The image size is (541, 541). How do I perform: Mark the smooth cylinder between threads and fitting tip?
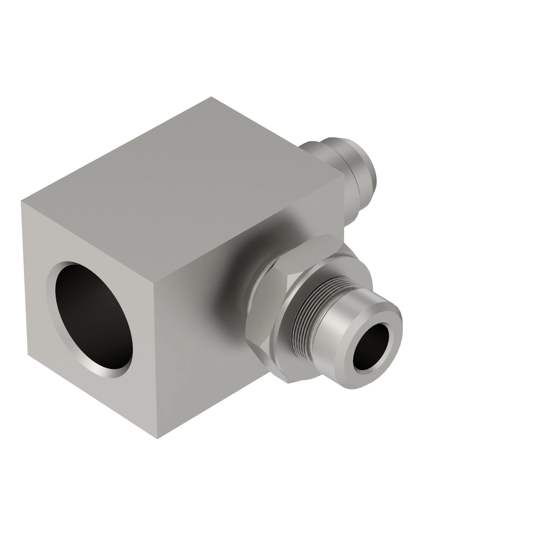tap(332, 322)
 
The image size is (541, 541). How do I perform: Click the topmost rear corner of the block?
tap(212, 97)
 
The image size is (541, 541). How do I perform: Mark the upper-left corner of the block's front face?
tap(21, 201)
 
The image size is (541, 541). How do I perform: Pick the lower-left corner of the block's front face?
tap(28, 355)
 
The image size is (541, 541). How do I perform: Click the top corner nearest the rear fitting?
tap(344, 175)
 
